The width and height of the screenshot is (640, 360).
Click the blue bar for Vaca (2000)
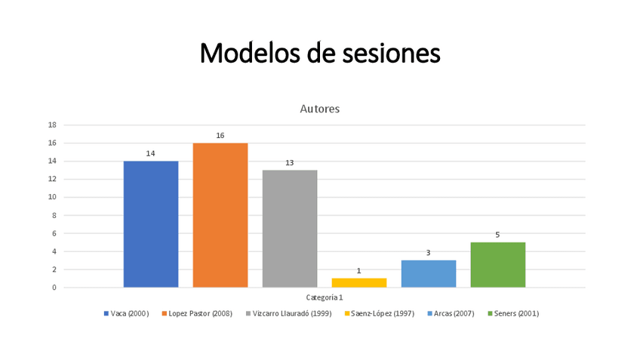coord(151,224)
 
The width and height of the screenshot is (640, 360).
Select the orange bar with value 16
coord(220,215)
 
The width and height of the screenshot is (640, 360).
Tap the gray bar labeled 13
coord(290,229)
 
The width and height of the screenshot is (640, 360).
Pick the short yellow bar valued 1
coord(359,283)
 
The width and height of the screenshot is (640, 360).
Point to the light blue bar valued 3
coord(429,274)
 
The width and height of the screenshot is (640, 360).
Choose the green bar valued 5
coord(497,265)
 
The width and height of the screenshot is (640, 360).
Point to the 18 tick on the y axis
coord(52,125)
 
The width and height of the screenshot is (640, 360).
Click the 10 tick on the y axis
coord(52,198)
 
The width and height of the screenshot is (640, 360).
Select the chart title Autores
coord(320,109)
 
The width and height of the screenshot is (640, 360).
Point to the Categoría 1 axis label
coord(325,297)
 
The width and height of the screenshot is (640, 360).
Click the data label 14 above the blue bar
coord(151,153)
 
